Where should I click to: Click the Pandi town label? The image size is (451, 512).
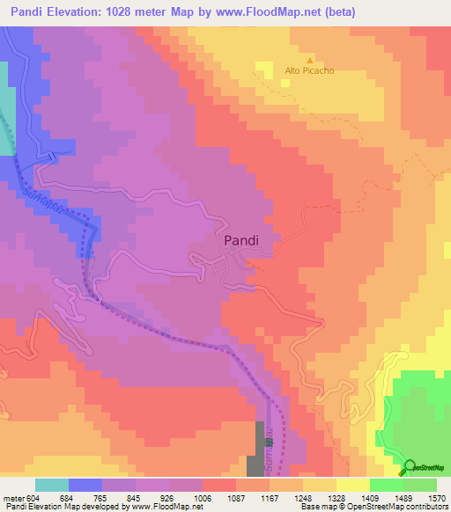(235, 238)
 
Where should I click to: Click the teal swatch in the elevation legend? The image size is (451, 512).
(52, 485)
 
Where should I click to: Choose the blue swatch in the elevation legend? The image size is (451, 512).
(85, 485)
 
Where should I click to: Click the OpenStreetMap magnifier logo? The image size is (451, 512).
(410, 467)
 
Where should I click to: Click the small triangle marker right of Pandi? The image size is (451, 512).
(309, 208)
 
